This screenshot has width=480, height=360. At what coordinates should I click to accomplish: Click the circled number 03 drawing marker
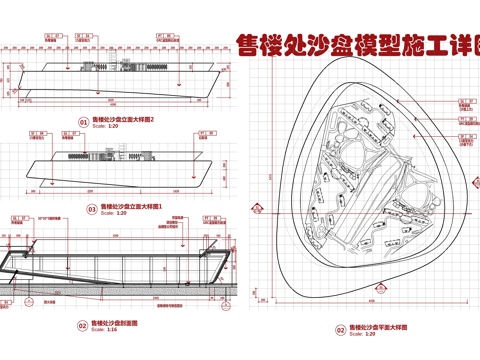(x=91, y=210)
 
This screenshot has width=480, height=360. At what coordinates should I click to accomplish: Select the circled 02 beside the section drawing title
(x=83, y=325)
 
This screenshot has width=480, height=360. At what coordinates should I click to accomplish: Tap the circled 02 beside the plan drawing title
(x=340, y=329)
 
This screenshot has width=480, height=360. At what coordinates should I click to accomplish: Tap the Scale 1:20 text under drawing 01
(x=106, y=126)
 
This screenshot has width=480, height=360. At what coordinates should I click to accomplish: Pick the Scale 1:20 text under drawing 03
(x=113, y=214)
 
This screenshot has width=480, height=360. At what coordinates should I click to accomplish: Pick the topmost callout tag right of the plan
(x=463, y=100)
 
